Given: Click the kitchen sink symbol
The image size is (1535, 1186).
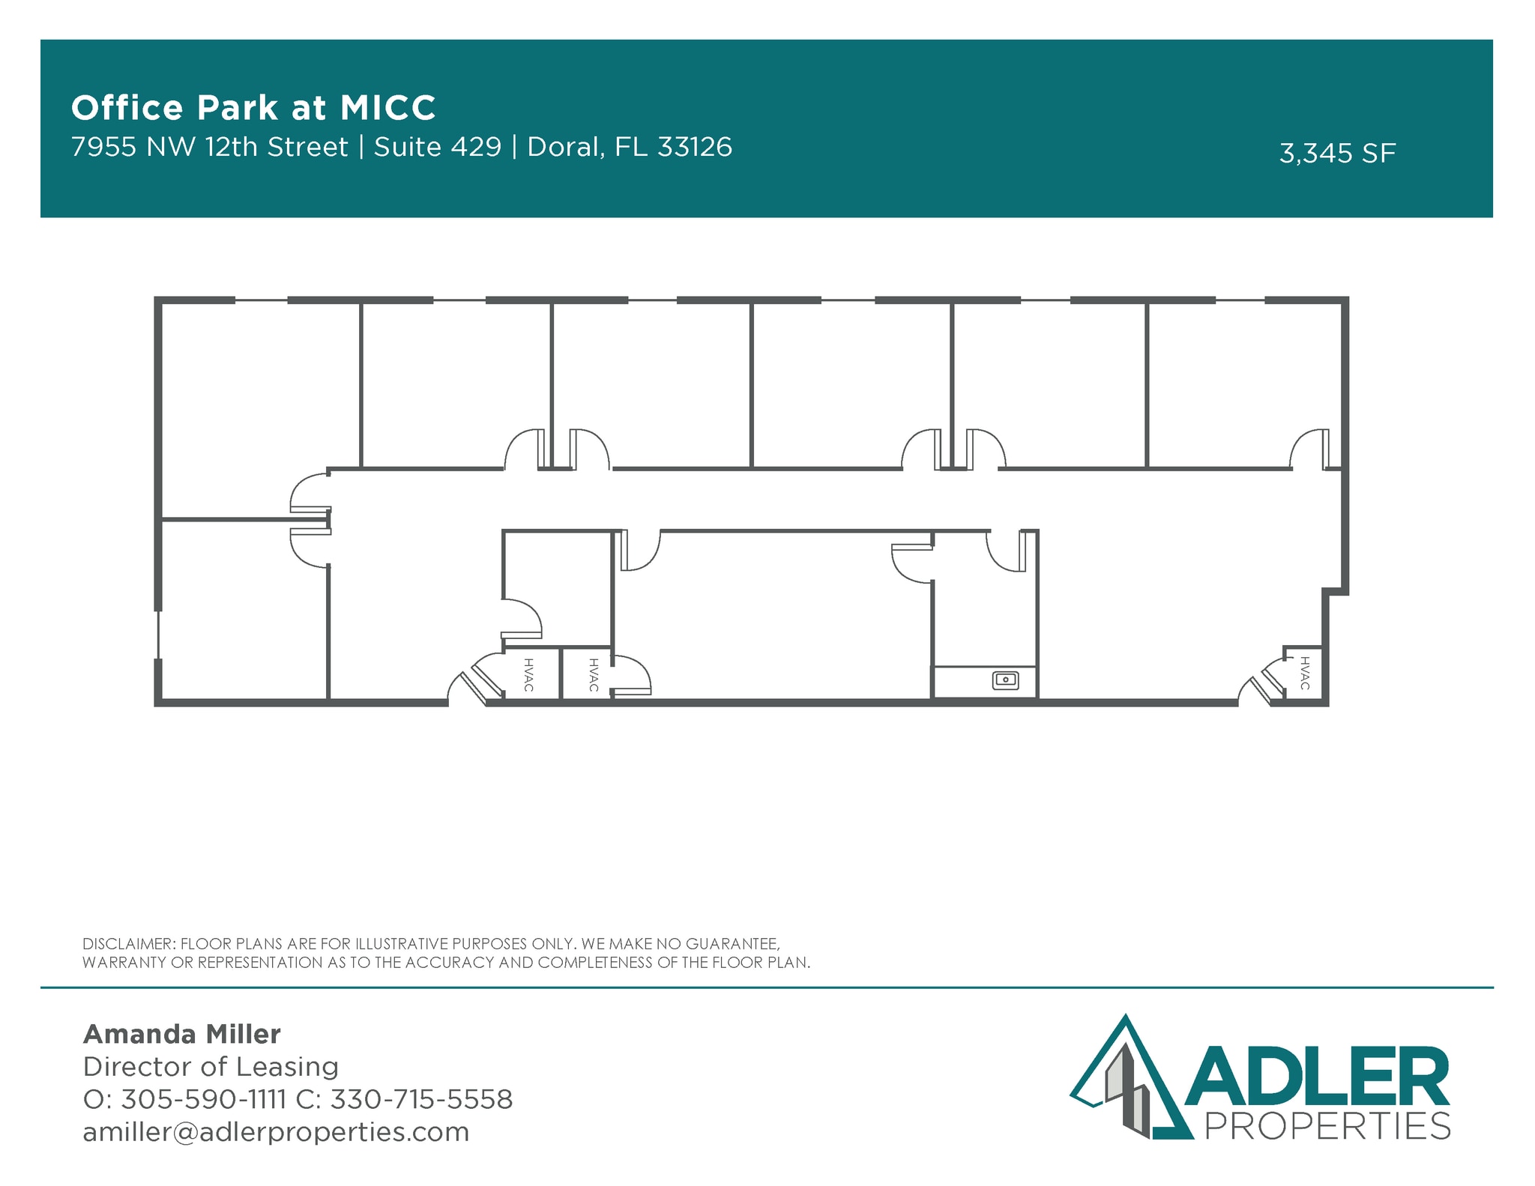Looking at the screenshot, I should tap(1005, 680).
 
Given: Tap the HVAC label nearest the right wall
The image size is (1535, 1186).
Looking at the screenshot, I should tap(1305, 673).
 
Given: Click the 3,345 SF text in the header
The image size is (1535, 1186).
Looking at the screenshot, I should tap(1337, 154).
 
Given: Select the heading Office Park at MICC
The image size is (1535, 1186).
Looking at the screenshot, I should tap(253, 107).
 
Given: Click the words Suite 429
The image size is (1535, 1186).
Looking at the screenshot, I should tap(438, 147).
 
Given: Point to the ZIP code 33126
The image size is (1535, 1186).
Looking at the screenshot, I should tap(695, 147).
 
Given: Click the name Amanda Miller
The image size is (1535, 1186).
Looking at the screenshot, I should tap(181, 1034).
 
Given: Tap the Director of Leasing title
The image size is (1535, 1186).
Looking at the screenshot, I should tap(211, 1066).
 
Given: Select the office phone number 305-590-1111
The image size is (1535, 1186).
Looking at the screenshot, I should tap(203, 1099).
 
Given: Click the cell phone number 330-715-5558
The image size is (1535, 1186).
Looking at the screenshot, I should tap(421, 1099).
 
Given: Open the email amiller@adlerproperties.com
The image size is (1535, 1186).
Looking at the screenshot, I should tap(276, 1131).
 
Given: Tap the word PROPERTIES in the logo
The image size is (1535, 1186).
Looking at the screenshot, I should tap(1327, 1126).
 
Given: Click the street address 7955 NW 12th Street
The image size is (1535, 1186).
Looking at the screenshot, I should tap(210, 147).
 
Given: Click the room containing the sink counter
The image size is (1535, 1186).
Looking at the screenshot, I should tap(984, 614).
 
